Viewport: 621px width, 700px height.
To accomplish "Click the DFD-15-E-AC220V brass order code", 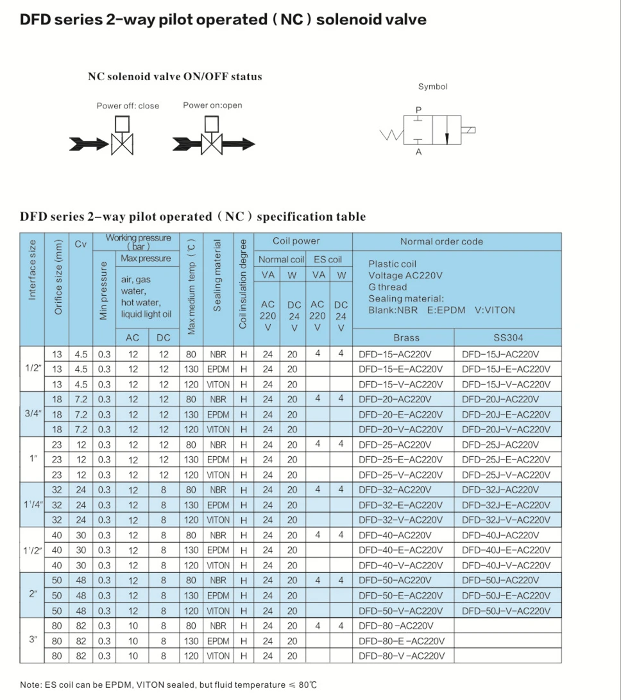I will click(x=400, y=369).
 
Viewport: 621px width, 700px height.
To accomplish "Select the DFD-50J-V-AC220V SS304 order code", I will click(x=506, y=611).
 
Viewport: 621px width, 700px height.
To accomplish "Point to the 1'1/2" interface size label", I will click(x=32, y=550).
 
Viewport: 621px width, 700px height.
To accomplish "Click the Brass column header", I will click(x=406, y=337).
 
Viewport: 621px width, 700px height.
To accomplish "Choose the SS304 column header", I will click(x=507, y=337).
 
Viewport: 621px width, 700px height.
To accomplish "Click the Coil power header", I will click(x=296, y=241).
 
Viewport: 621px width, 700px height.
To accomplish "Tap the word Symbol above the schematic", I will click(x=432, y=87).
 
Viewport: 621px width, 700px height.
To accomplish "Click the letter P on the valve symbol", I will click(x=419, y=110).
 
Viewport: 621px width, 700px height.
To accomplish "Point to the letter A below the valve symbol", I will click(x=419, y=153).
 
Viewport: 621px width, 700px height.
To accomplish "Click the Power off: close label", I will click(x=128, y=106).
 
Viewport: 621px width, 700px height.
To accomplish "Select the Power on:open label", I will click(x=212, y=105).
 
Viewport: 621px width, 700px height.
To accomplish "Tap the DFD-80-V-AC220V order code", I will click(x=400, y=656).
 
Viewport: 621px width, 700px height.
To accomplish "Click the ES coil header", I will click(x=328, y=259).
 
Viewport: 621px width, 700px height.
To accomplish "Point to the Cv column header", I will click(x=81, y=243).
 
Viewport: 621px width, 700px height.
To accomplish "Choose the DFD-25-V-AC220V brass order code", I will click(x=400, y=475).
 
